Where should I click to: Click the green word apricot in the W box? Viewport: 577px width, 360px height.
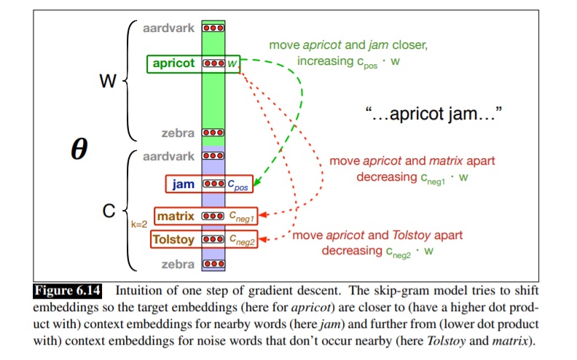[173, 63]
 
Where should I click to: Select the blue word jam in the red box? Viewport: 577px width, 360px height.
[184, 184]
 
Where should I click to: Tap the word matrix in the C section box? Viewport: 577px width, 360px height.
[176, 216]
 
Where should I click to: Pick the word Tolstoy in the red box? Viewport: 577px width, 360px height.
[173, 240]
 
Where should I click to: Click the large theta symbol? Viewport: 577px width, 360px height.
[79, 149]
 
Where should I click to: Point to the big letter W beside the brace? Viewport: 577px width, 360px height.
[108, 81]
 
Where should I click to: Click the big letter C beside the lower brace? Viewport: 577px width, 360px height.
[109, 211]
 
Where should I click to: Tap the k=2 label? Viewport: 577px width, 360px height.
[139, 224]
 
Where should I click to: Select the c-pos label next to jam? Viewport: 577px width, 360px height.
[238, 185]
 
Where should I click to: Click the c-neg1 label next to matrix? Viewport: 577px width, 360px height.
[241, 217]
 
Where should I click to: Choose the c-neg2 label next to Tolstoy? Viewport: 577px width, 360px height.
[242, 240]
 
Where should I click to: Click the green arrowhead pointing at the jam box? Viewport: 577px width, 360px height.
[257, 181]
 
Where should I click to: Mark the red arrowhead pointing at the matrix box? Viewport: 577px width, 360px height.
[263, 214]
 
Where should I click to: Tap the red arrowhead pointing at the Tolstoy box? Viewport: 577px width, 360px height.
[263, 240]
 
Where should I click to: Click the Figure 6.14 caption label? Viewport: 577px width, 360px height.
[67, 291]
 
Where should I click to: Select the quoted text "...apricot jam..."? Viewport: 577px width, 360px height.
[433, 114]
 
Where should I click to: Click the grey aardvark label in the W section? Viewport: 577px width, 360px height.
[168, 28]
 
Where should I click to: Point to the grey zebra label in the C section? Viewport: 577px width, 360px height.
[178, 265]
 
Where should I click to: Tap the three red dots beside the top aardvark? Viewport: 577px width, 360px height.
[213, 28]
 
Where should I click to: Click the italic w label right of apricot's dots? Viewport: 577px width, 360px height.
[232, 63]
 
